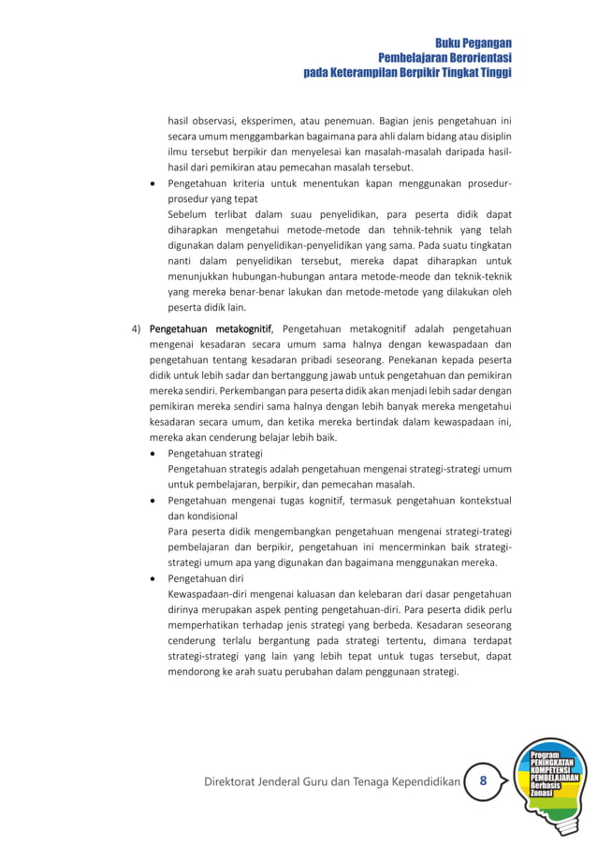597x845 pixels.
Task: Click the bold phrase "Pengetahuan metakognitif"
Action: tap(211, 328)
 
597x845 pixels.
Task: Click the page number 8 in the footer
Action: tap(483, 780)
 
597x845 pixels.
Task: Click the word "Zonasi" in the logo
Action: tap(541, 793)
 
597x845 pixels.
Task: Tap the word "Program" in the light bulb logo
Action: tap(545, 754)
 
